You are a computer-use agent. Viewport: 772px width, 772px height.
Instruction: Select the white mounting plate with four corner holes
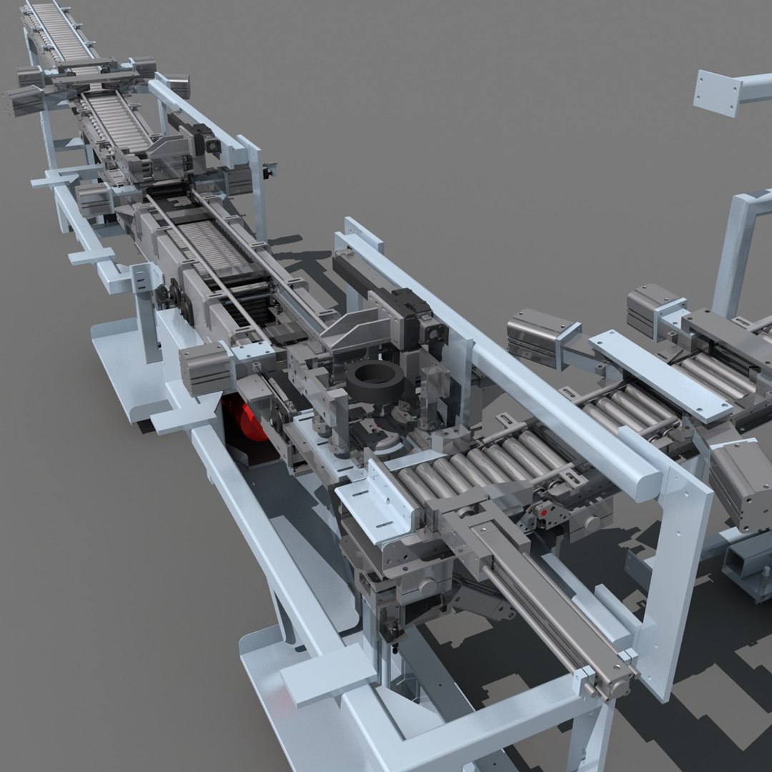pyautogui.click(x=717, y=93)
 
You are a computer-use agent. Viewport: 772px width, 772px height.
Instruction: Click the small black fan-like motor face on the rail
pyautogui.click(x=431, y=330)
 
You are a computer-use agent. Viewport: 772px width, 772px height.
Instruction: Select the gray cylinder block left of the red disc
pyautogui.click(x=205, y=367)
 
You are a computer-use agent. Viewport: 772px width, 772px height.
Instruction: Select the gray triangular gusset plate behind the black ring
pyautogui.click(x=357, y=333)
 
